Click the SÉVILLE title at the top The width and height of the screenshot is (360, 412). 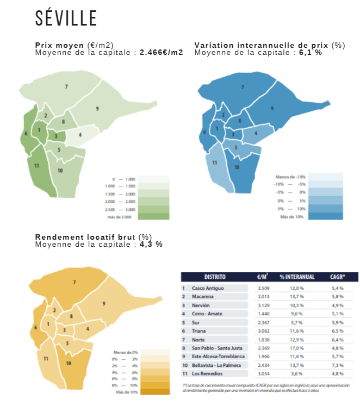pos(66,18)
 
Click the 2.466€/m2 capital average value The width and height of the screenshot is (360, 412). pos(162,53)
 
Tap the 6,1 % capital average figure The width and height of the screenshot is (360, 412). pos(310,53)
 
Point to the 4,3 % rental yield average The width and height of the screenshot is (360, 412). pos(150,245)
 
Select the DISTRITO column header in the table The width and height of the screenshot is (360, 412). pos(215,277)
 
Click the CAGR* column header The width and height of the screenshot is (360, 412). pos(337,277)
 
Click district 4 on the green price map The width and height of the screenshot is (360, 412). pos(80,134)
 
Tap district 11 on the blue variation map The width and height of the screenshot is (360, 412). pos(215,163)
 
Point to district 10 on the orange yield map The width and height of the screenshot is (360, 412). pos(69,363)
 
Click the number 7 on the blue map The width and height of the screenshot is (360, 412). pos(243,87)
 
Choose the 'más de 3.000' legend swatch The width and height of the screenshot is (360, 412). pos(153,216)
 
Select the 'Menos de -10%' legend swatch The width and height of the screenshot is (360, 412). pos(326,177)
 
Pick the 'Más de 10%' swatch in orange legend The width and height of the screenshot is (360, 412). pos(154,391)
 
